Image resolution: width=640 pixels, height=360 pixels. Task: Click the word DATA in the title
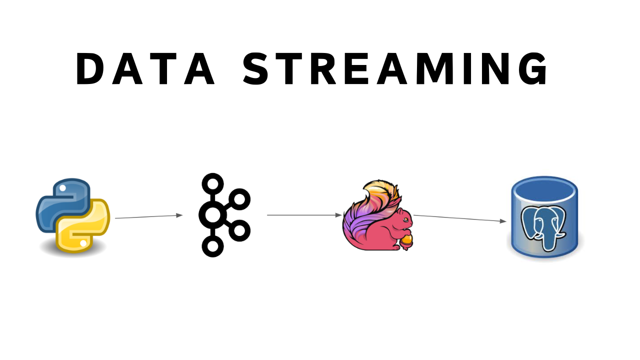(145, 69)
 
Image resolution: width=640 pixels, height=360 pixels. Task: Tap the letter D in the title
(90, 69)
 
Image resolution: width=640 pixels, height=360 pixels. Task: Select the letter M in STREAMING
(424, 69)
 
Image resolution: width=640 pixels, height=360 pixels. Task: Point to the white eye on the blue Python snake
(62, 189)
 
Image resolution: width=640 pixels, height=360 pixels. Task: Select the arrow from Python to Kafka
(148, 216)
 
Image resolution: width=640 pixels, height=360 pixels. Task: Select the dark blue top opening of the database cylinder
(544, 190)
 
